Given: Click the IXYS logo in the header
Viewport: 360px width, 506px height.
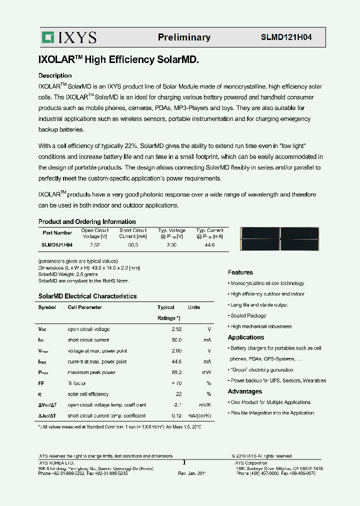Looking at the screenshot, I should coord(69,37).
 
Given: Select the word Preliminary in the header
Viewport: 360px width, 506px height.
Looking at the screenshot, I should coord(184,37).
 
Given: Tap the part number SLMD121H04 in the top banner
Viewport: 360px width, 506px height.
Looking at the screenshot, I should coord(286,37).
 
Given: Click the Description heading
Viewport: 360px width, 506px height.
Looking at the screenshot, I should coord(55,75).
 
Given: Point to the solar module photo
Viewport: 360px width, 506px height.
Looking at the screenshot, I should coord(280,239).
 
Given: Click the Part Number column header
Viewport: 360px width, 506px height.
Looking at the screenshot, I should coord(57,233).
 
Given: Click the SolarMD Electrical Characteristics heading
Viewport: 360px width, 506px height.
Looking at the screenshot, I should coord(87,296).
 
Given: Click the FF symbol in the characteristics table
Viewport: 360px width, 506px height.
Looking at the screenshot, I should coord(41,383).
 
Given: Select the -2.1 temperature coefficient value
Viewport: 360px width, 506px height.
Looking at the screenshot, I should coord(175,405).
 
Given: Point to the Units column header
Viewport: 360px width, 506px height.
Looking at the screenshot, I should coord(194,307).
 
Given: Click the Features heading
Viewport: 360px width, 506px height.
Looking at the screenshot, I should coord(240,272).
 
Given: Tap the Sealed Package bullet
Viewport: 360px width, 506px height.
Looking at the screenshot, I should coord(248,316).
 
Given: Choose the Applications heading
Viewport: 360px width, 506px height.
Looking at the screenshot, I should coord(246,337).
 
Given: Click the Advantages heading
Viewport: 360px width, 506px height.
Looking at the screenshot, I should coord(245,391).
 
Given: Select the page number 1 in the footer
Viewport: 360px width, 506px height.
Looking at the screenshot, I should coord(184,462).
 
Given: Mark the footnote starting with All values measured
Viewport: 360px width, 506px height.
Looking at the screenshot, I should coord(120,426).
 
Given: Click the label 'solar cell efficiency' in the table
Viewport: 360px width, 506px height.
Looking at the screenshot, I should coord(88,394).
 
